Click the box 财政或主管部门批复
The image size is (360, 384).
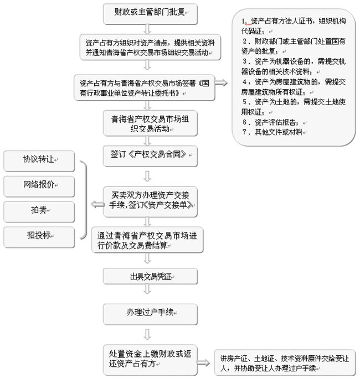[x=147, y=12]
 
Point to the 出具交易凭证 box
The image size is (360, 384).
[x=147, y=276]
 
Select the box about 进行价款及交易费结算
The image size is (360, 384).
[x=147, y=240]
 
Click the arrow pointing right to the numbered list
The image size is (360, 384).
[x=220, y=83]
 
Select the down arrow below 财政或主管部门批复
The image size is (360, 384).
[x=147, y=28]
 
